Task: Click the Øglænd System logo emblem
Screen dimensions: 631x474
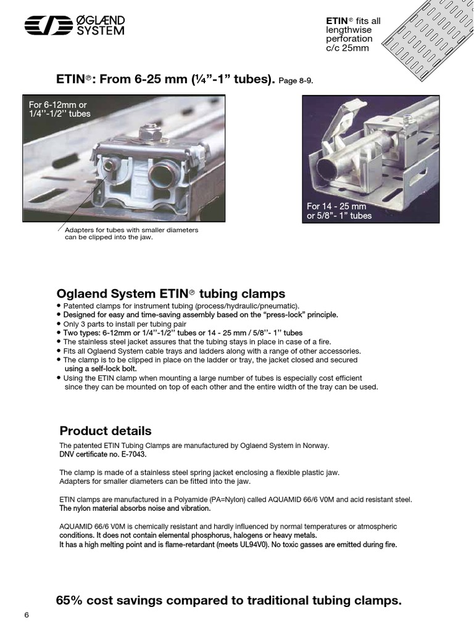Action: coord(47,25)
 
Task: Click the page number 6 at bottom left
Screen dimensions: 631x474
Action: coord(27,616)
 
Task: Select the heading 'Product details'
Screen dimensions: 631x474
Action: coord(105,431)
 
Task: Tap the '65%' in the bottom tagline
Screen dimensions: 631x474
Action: coord(70,600)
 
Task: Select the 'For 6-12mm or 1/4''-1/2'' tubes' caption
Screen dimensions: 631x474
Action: coord(59,109)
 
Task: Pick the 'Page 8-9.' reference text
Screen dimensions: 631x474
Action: coord(300,81)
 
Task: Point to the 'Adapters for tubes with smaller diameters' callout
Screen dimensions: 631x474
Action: coord(131,230)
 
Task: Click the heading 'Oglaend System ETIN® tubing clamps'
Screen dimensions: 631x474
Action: coord(171,293)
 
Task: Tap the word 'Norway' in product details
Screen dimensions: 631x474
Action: coord(314,446)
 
